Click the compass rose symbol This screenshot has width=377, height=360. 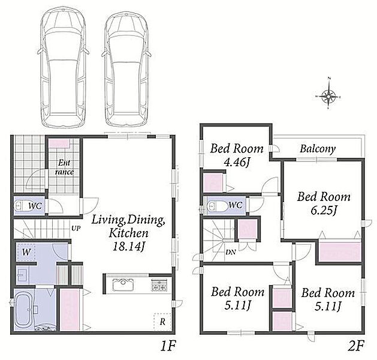(328, 94)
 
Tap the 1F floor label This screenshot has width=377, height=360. (168, 346)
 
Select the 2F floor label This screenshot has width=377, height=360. (357, 346)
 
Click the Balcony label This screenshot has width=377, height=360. (318, 149)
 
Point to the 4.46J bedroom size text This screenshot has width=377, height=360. (236, 163)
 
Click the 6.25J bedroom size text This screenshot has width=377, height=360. (324, 210)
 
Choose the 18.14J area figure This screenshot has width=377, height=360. (129, 246)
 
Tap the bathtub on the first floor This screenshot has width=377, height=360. (23, 310)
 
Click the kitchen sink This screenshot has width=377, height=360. (123, 284)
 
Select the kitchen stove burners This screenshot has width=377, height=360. (159, 286)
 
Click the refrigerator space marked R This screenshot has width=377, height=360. (162, 322)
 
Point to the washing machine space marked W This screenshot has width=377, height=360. (26, 252)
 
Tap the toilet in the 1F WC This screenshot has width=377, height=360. (23, 206)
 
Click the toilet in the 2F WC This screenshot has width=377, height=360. (217, 206)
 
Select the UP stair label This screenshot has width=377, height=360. (76, 227)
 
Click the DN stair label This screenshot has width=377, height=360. (230, 253)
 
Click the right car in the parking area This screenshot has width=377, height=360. (126, 67)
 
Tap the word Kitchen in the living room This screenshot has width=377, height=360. (129, 233)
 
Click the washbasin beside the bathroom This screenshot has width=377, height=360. (23, 274)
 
